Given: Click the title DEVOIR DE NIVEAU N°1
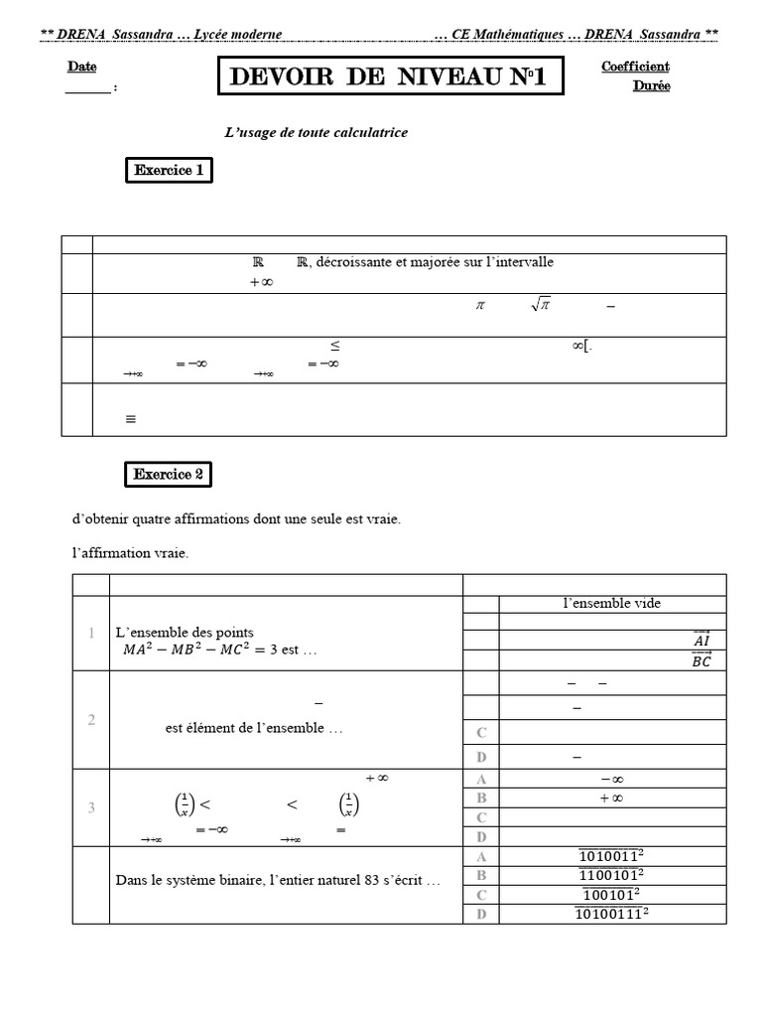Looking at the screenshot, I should (x=391, y=77).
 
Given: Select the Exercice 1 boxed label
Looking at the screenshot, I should (x=169, y=171).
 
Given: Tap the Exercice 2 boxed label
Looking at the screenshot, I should (x=169, y=475).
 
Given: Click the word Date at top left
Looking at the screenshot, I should (x=82, y=67).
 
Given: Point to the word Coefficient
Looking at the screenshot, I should (x=635, y=67).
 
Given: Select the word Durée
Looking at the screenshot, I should (x=651, y=85).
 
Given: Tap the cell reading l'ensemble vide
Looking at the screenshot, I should (x=611, y=603).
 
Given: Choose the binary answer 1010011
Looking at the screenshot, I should (x=611, y=856).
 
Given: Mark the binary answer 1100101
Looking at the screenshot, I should (x=611, y=875).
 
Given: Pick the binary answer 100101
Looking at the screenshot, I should (x=611, y=894).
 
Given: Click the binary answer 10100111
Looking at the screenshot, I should (x=611, y=914).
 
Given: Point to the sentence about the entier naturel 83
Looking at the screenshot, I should (x=278, y=880).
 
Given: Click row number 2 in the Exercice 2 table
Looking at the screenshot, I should (x=91, y=719).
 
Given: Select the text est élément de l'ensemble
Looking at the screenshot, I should (x=254, y=728).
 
